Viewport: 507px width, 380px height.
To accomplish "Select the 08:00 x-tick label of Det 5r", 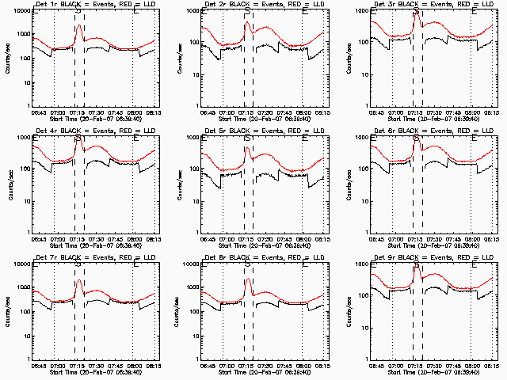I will [x=303, y=237].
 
